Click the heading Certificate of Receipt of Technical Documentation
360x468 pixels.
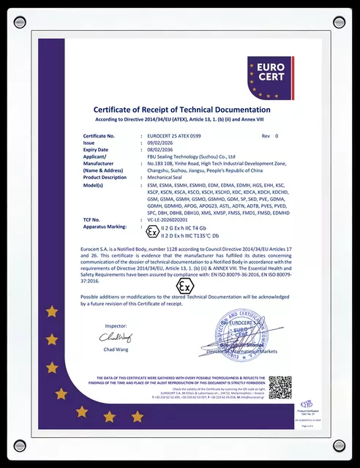[x=180, y=109]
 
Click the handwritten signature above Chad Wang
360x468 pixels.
[x=116, y=337]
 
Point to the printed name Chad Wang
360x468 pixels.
[x=116, y=351]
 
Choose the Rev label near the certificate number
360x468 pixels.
[x=266, y=137]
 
